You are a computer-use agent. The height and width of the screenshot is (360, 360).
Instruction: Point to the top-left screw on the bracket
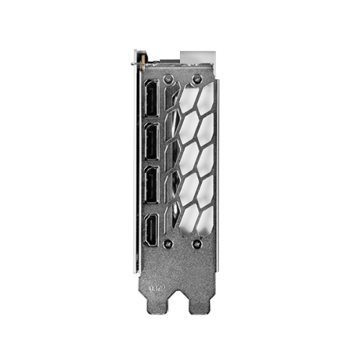pos(167,75)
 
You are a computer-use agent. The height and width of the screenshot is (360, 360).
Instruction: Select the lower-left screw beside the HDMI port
pos(167,243)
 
